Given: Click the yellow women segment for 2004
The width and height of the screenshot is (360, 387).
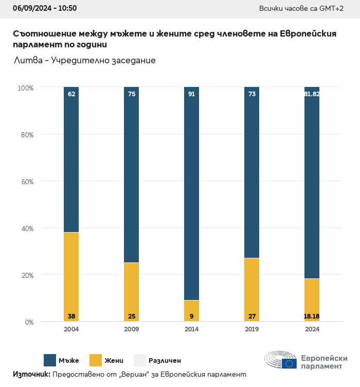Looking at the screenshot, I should tap(71, 273).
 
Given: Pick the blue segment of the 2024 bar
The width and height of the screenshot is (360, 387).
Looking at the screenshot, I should tap(312, 185).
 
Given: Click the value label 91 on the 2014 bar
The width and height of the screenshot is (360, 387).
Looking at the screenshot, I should tap(191, 94).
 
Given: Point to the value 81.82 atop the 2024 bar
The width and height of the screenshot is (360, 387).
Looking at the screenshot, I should tap(312, 94).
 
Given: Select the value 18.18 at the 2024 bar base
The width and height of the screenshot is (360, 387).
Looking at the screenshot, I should tap(312, 315).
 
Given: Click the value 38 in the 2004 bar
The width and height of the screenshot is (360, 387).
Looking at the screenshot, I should tap(71, 315).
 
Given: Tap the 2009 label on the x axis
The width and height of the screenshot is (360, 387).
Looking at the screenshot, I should tap(131, 329).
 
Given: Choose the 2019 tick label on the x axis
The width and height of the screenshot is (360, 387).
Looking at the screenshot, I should tap(251, 329).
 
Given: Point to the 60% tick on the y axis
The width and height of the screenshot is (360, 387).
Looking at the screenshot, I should tap(27, 182).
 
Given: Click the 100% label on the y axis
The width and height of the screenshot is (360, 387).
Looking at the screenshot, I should tap(26, 88).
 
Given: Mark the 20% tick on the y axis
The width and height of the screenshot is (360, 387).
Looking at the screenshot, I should tap(27, 275).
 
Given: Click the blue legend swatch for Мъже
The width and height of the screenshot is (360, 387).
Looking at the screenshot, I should tap(50, 360).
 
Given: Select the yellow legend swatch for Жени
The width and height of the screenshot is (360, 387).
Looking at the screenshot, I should tap(96, 360).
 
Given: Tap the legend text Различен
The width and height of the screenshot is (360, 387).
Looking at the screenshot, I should tap(165, 361).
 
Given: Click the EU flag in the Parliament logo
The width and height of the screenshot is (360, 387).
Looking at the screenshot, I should tap(289, 363).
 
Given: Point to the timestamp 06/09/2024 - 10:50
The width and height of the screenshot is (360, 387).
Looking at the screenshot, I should tap(45, 8).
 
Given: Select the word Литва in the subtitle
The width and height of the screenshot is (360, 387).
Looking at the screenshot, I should tap(28, 60).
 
